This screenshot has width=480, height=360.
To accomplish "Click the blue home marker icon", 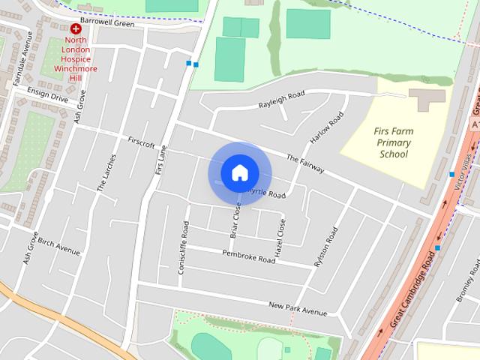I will pyautogui.click(x=239, y=173).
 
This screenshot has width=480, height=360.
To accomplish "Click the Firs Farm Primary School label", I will pyautogui.click(x=394, y=142).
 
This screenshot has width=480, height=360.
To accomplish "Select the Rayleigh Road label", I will pyautogui.click(x=282, y=99).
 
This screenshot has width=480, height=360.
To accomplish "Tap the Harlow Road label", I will pyautogui.click(x=327, y=129).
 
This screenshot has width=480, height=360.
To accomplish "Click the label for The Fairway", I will pyautogui.click(x=305, y=164).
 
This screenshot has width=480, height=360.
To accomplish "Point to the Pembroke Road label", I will pyautogui.click(x=249, y=256).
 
